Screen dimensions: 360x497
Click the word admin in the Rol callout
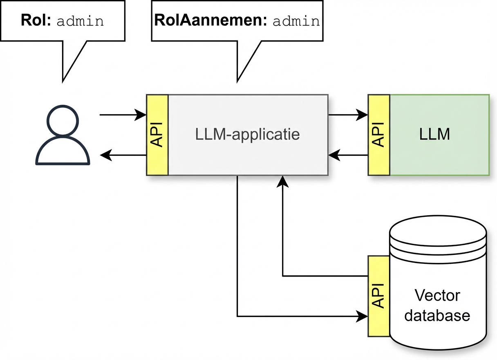click(x=80, y=21)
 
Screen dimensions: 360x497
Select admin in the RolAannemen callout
click(x=296, y=21)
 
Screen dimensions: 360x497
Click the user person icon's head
click(x=63, y=119)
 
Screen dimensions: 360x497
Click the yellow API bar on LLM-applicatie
click(x=157, y=135)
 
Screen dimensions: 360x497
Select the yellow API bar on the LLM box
click(x=379, y=135)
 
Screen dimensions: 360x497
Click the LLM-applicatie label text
click(x=248, y=134)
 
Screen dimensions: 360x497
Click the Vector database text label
click(x=437, y=305)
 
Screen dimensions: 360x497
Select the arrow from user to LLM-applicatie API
click(x=123, y=115)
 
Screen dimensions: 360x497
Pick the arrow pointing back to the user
click(x=123, y=155)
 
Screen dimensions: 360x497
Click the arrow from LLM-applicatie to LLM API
click(x=347, y=115)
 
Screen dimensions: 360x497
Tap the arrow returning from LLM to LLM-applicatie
click(x=347, y=155)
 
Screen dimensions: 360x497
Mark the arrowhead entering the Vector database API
click(x=362, y=316)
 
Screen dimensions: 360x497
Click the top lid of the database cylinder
click(x=438, y=233)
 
